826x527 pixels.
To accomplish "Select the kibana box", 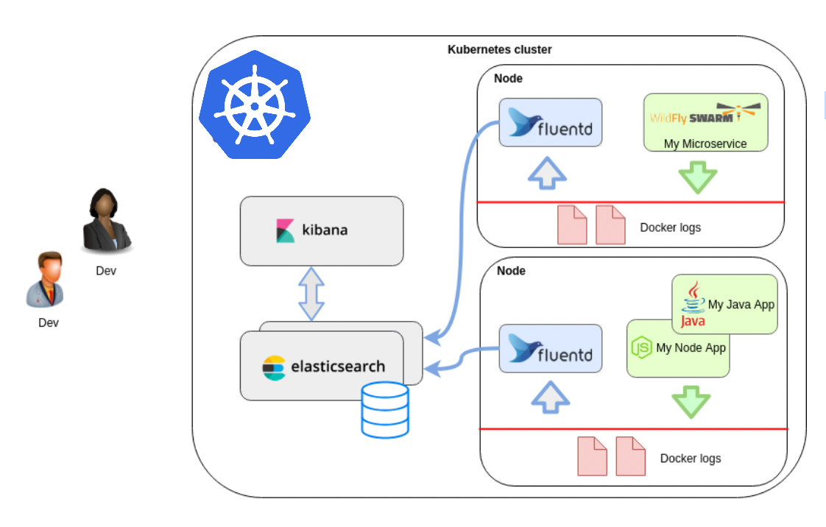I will [322, 230].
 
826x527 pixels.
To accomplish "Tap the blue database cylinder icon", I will [385, 409].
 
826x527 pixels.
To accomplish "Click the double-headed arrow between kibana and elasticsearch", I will [311, 293].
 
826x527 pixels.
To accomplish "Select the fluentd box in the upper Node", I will [551, 123].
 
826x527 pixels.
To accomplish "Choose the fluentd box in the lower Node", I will [551, 350].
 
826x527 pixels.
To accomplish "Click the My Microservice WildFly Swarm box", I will [705, 122].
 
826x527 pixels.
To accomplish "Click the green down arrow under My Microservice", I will [697, 177].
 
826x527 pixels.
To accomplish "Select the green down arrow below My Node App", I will [691, 402].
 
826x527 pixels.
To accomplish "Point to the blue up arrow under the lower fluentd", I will [551, 398].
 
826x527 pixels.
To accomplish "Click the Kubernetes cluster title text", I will [500, 49].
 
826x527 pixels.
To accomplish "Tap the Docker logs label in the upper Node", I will [670, 227].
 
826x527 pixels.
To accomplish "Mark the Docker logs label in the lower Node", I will [690, 459].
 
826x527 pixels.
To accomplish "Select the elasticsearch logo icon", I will [274, 367].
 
